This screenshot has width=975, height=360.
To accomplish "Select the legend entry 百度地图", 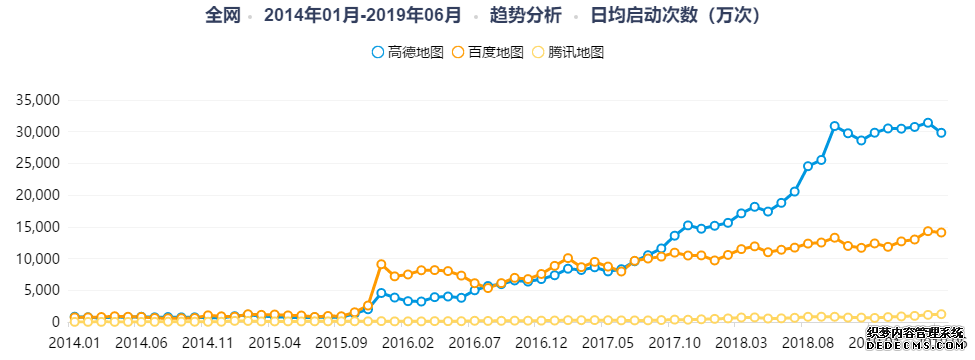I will [x=488, y=51].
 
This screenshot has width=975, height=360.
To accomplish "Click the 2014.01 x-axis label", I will [x=74, y=342].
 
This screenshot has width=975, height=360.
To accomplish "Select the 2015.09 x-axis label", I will [x=340, y=342].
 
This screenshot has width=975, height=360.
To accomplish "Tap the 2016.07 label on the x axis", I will [x=475, y=342].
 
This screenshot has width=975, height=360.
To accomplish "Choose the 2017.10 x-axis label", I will [x=675, y=342].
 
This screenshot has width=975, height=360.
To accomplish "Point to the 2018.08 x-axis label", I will [x=808, y=342].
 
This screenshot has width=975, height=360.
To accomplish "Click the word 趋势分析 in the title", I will [x=526, y=15].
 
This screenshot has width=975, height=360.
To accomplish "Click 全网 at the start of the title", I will [x=224, y=15].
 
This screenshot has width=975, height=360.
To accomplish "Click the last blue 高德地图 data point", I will [x=941, y=133].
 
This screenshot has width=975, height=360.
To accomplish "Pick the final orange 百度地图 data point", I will [x=941, y=232].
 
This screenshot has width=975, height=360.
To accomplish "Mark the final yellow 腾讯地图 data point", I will [x=941, y=314].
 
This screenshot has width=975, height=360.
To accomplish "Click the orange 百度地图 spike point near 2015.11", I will [x=381, y=264].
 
